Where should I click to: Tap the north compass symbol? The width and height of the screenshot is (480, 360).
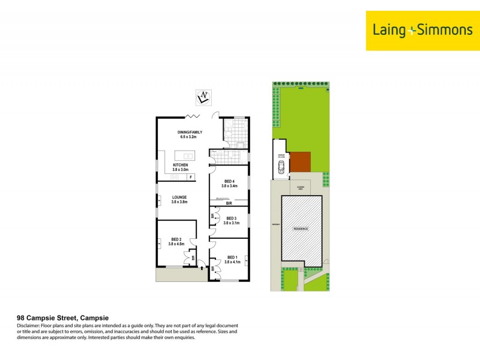205,96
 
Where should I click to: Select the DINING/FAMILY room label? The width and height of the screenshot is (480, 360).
190,134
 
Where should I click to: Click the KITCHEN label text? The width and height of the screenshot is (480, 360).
181,167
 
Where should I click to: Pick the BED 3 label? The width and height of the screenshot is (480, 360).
231,220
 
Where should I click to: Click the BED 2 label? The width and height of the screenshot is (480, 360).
176,242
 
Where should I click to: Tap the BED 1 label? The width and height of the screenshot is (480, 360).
232,259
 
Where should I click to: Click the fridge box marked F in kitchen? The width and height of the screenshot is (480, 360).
190,177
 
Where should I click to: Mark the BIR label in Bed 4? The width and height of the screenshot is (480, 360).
229,204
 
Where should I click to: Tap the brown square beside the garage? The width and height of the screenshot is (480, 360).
301,162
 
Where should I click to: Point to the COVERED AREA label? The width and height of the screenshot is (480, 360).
300,188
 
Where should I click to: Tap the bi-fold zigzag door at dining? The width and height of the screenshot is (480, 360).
193,115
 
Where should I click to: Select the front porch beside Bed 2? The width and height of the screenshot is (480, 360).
178,274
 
